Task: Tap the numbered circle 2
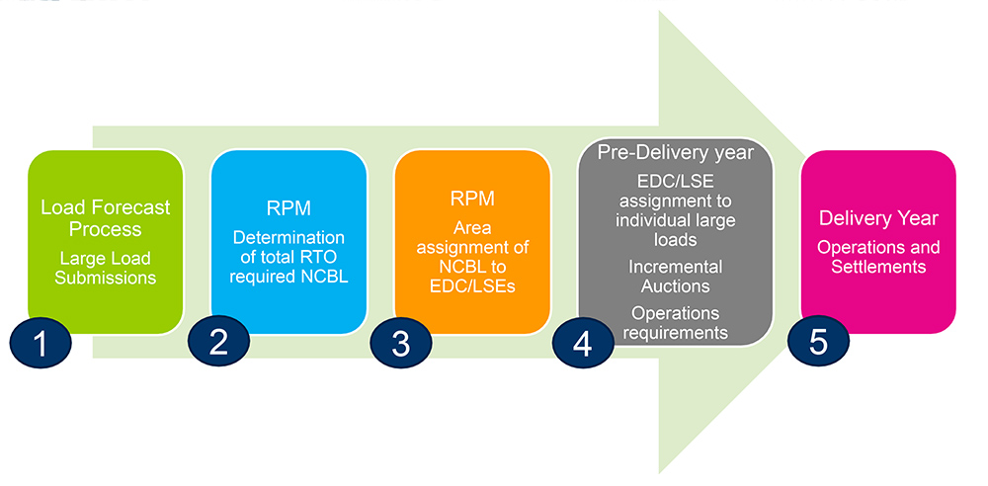pyautogui.click(x=218, y=343)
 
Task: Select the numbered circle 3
pyautogui.click(x=400, y=344)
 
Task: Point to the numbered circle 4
pyautogui.click(x=582, y=344)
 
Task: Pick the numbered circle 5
pyautogui.click(x=817, y=343)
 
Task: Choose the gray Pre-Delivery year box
pyautogui.click(x=675, y=242)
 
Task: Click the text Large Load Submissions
pyautogui.click(x=106, y=268)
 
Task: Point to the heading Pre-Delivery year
pyautogui.click(x=676, y=153)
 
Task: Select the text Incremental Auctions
pyautogui.click(x=676, y=278)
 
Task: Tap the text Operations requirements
pyautogui.click(x=676, y=322)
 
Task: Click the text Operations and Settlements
pyautogui.click(x=878, y=257)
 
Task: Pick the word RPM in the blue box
pyautogui.click(x=288, y=208)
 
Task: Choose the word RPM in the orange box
pyautogui.click(x=471, y=199)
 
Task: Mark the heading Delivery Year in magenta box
pyautogui.click(x=878, y=217)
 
